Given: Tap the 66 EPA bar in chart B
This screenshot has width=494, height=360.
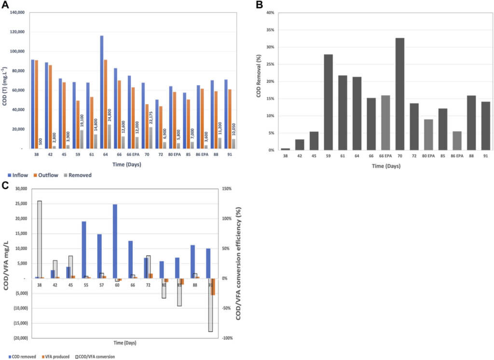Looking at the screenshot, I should pyautogui.click(x=386, y=123).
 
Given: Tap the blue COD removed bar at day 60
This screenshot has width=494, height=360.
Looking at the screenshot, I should pyautogui.click(x=115, y=241).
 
